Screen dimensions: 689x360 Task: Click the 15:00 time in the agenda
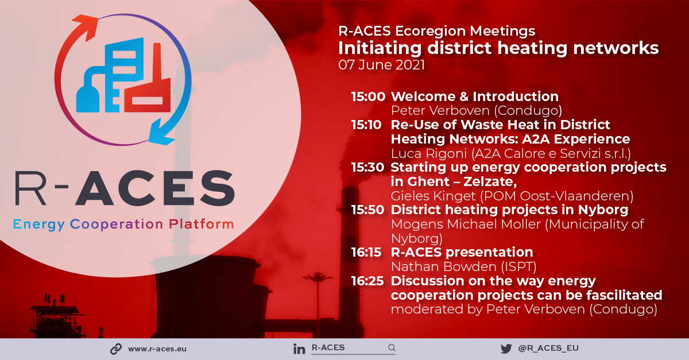[368, 96]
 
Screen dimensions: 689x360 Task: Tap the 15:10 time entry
[366, 125]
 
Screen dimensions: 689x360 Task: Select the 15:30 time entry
[368, 168]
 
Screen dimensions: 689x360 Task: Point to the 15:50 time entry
[368, 210]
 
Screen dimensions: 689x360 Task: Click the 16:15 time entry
[366, 252]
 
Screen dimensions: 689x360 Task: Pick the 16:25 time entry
[367, 281]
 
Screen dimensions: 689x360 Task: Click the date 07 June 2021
[381, 65]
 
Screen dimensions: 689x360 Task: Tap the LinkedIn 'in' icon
[299, 349]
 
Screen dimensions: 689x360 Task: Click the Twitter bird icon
[506, 349]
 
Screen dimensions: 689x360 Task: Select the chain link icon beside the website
[116, 349]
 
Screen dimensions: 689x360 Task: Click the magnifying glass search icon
[392, 348]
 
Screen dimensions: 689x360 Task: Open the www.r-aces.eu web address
[157, 349]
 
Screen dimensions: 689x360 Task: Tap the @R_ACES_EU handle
[548, 348]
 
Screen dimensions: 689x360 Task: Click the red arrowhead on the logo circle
[86, 26]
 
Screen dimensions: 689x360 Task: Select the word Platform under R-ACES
[202, 224]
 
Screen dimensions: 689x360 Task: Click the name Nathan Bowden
[443, 267]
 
